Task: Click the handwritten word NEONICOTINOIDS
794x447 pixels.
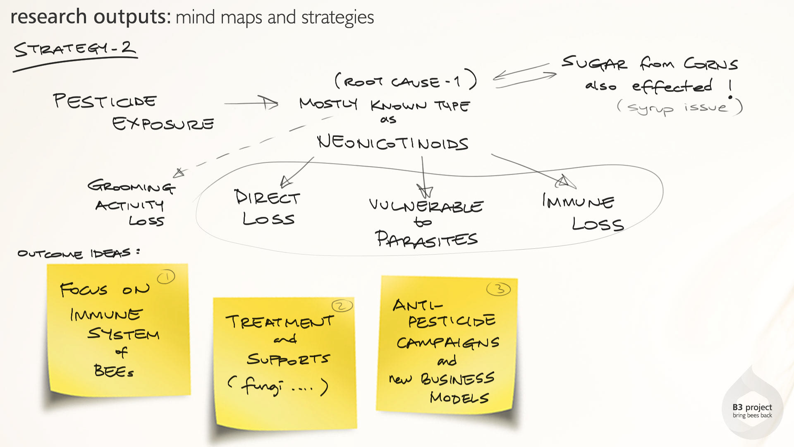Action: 392,143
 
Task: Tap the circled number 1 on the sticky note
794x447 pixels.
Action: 166,277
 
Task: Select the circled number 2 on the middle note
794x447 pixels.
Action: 342,306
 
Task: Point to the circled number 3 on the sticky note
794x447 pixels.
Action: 499,289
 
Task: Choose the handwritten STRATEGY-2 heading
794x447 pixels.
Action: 75,49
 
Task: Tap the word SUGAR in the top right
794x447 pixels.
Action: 594,64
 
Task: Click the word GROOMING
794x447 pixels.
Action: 131,186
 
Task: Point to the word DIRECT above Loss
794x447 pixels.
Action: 267,197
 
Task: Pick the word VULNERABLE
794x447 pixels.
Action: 426,206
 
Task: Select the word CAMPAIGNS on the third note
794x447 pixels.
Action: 448,343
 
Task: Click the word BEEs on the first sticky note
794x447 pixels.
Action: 113,371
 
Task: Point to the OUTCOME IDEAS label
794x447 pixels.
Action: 79,253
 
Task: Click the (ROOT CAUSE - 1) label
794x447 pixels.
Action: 405,81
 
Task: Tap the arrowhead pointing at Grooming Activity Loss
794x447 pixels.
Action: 179,173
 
